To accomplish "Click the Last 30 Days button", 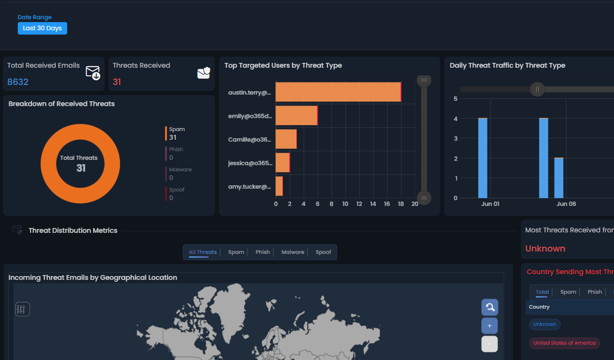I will (x=42, y=28).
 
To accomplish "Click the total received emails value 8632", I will (x=18, y=82).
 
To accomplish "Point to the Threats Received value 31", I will (x=117, y=82).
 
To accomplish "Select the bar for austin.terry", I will (x=338, y=92).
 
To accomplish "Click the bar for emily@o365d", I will (x=296, y=115).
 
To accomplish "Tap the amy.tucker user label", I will (x=249, y=187).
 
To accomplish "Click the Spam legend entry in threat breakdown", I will (x=177, y=133).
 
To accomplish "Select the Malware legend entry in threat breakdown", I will (x=180, y=173).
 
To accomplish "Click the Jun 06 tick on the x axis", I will (x=566, y=204).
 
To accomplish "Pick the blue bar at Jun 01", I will (x=483, y=158).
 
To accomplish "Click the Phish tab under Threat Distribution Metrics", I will (x=262, y=252).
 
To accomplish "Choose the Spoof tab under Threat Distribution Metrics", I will (x=323, y=252).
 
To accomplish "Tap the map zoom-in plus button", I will (x=489, y=325).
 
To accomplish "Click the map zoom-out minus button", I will (x=489, y=344).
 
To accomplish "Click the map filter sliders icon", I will (x=23, y=309).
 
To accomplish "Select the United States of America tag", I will (x=564, y=343).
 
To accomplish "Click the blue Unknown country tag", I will (x=544, y=324).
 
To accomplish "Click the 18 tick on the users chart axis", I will (x=401, y=204).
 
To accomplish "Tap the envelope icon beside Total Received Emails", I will (x=93, y=72).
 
